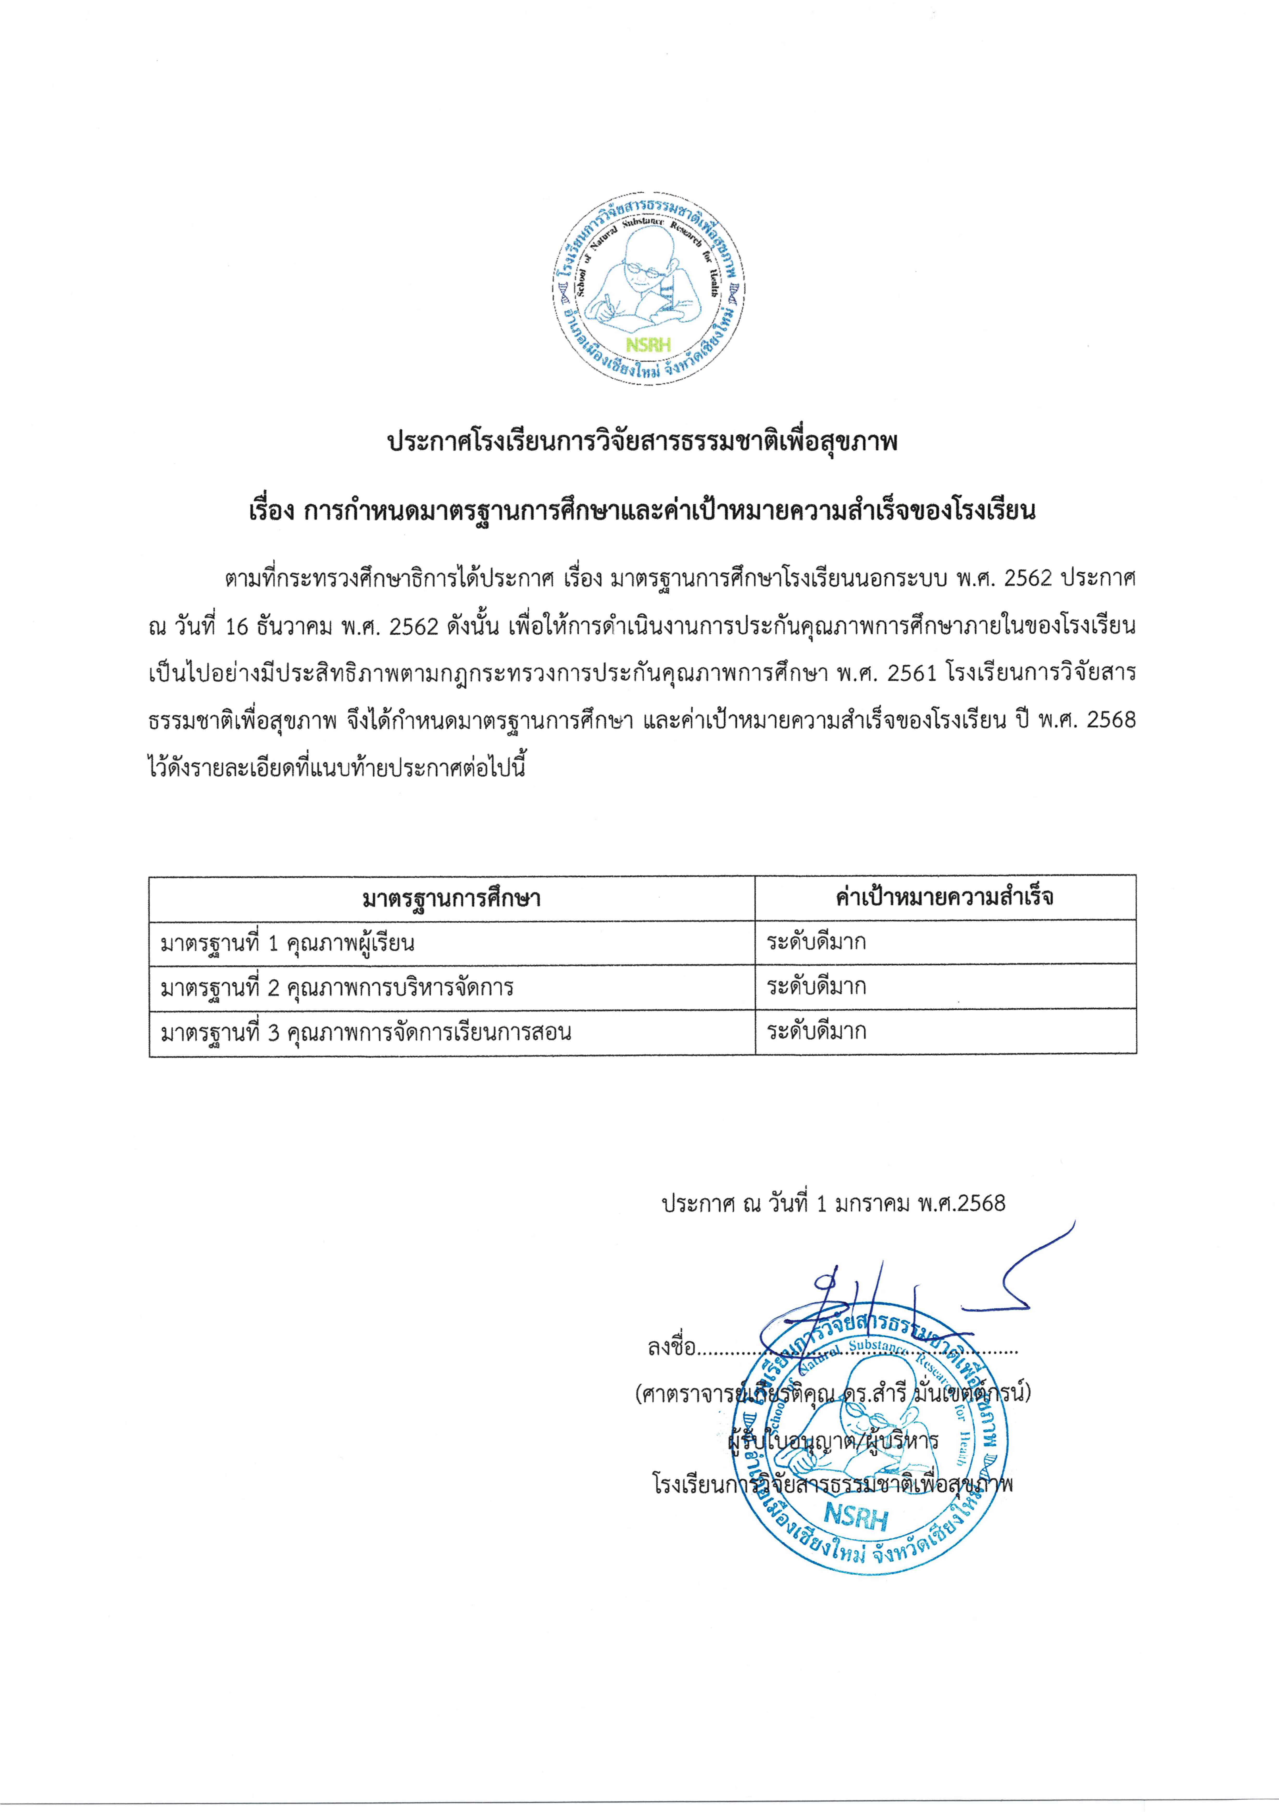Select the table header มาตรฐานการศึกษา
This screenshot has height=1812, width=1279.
[x=451, y=898]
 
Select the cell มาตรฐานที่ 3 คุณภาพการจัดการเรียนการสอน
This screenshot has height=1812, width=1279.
[x=365, y=1032]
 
